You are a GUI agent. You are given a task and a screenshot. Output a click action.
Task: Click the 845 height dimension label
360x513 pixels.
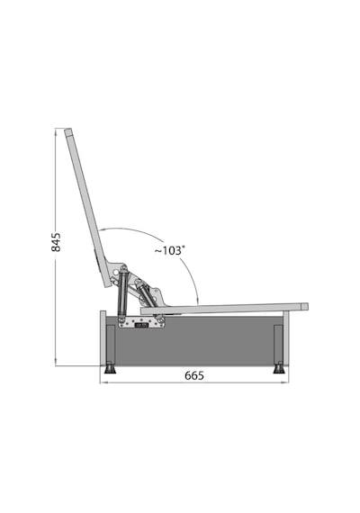pyautogui.click(x=56, y=242)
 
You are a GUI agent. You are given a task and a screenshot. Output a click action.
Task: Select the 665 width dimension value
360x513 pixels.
pyautogui.click(x=194, y=375)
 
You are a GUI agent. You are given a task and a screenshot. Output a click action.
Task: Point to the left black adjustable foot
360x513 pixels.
pyautogui.click(x=110, y=369)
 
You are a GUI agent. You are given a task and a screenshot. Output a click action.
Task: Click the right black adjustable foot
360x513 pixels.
pyautogui.click(x=279, y=369)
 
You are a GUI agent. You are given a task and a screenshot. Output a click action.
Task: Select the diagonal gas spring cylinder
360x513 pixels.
pyautogui.click(x=144, y=292)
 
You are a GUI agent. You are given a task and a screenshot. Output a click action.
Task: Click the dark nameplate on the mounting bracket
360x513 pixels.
pyautogui.click(x=142, y=325)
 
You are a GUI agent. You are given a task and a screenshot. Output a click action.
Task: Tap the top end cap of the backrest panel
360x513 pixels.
pyautogui.click(x=68, y=132)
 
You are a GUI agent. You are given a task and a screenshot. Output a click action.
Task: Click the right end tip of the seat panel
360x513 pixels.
pyautogui.click(x=305, y=307)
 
